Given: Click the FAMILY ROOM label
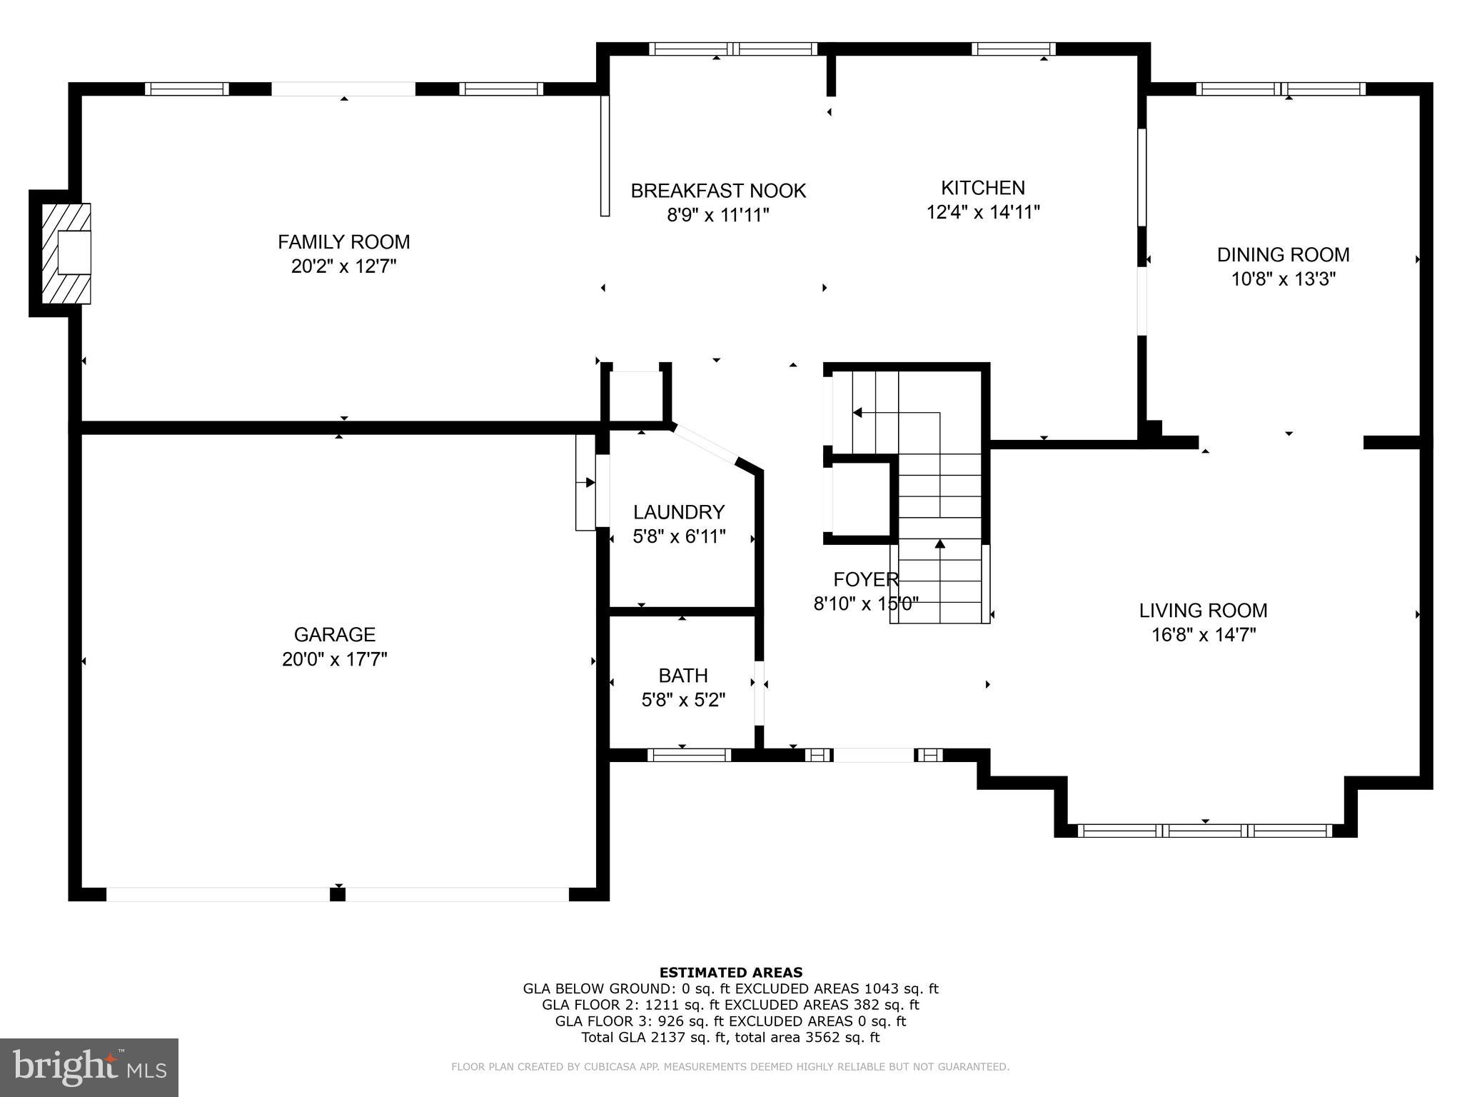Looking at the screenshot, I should pos(343,242).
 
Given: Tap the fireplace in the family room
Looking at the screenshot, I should pos(66,254).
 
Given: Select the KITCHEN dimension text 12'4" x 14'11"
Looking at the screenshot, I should pos(982,212).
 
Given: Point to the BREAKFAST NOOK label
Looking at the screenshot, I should pos(718,191).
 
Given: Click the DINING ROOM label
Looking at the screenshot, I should pos(1283,255).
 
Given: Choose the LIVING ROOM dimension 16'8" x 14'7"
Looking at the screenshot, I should pos(1203,635).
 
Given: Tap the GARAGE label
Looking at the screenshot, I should pos(334,634).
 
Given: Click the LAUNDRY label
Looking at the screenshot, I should pos(679,512).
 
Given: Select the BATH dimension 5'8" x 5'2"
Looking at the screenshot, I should pos(683,700).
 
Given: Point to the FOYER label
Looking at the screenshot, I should pos(865,579).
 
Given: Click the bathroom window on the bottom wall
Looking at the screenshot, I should pos(689,755).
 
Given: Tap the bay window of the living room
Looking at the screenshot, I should pos(1204,831).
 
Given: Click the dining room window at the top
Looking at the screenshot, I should pos(1281,89).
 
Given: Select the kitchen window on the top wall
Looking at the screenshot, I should pos(1013,49).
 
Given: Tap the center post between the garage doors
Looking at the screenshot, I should pos(338,893).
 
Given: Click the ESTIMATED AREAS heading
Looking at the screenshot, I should pos(730,972).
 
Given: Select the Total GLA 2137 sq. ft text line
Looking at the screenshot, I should pos(730,1038).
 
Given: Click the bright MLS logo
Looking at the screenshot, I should pos(89,1067).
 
